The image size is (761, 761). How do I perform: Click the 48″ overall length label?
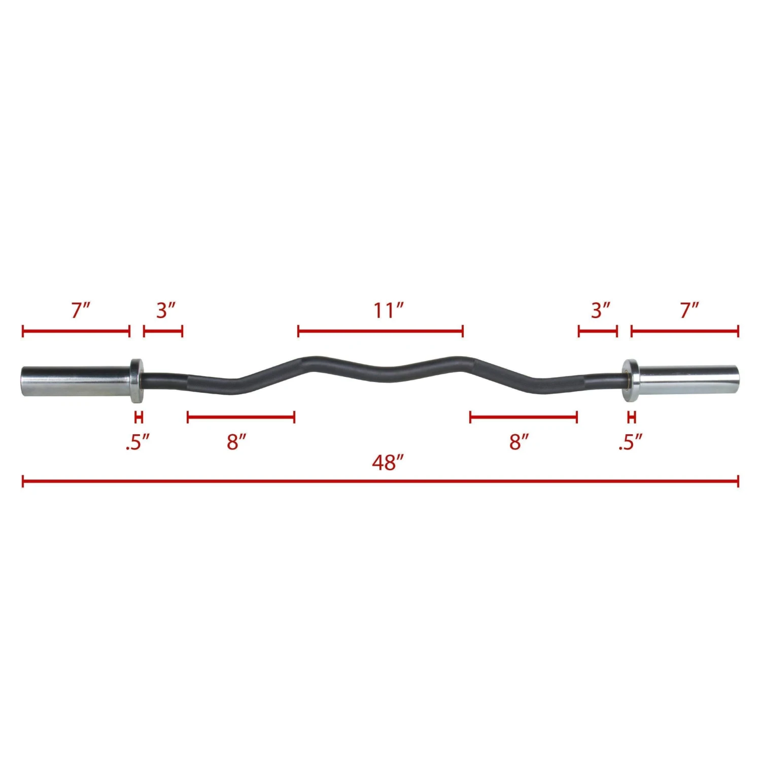click(388, 462)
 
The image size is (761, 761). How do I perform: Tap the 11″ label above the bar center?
click(389, 310)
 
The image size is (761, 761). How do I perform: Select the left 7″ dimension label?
click(81, 310)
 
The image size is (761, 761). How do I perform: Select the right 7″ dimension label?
click(689, 310)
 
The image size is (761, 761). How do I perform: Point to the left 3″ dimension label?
click(166, 310)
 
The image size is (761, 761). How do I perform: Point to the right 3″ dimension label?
click(601, 310)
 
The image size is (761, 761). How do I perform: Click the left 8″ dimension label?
click(236, 442)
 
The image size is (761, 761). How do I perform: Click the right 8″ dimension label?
click(519, 442)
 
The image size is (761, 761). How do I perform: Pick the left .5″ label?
click(137, 442)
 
